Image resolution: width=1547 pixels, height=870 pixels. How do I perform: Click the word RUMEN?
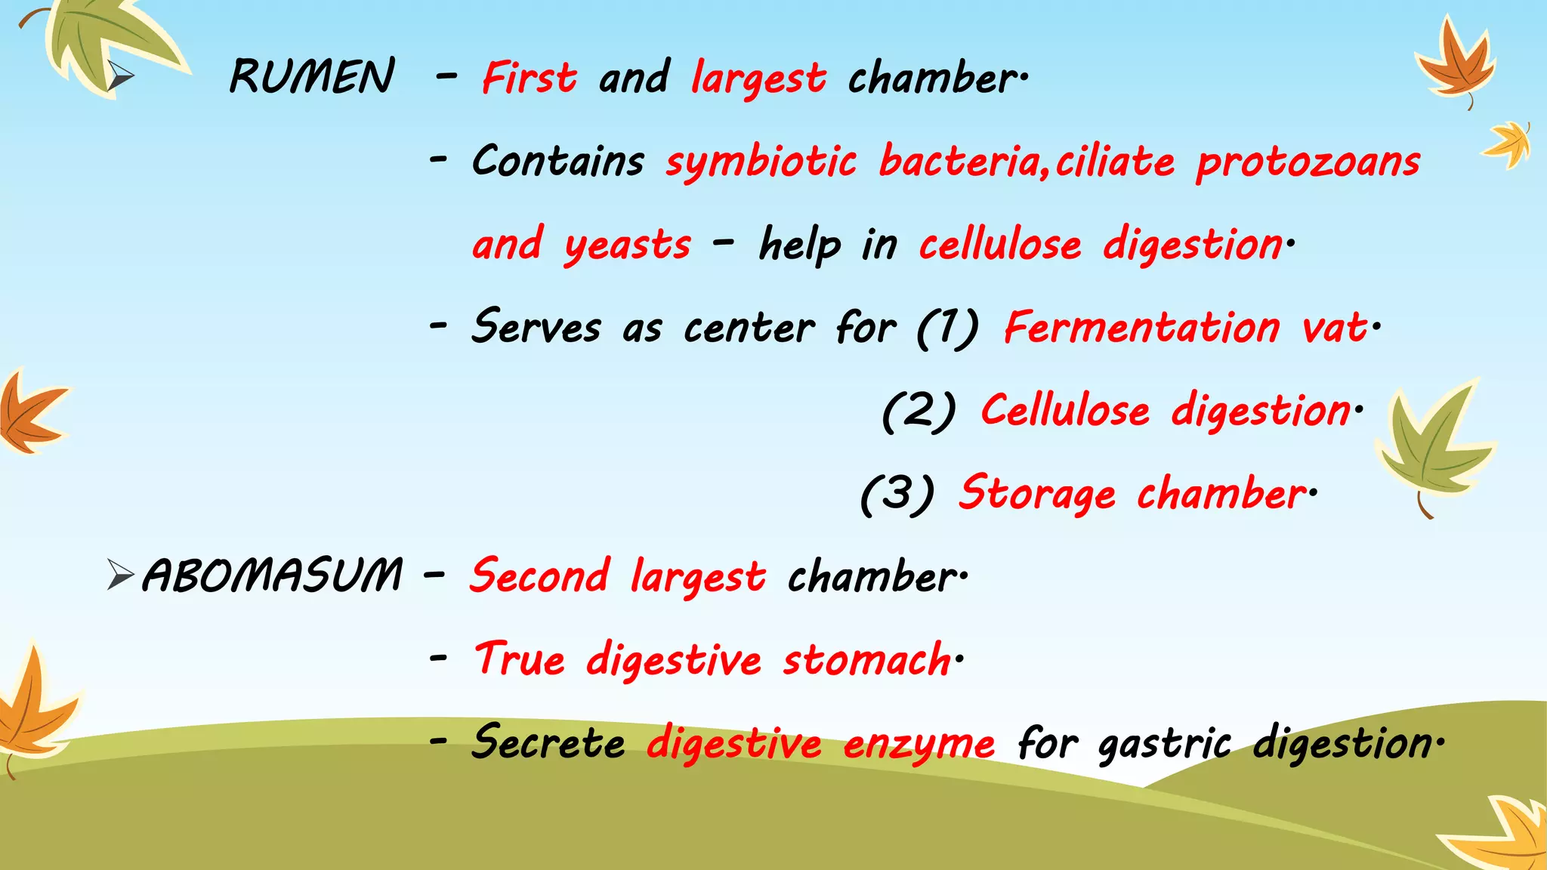point(311,77)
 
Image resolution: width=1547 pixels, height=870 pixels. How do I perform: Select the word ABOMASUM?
point(272,575)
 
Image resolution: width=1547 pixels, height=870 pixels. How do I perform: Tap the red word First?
point(530,79)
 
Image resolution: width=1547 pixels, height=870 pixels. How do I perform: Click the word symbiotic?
point(761,162)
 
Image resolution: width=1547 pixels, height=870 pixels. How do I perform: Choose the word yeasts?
point(627,246)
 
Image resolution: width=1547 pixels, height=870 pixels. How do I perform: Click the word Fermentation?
point(1141,328)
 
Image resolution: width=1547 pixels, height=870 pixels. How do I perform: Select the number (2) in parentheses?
point(919,412)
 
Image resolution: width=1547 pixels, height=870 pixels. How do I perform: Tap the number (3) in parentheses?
point(897,495)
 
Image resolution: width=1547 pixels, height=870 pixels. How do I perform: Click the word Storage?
point(1037,494)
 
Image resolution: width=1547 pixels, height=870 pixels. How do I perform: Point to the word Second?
point(539,576)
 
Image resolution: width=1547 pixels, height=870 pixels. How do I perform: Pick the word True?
point(520,659)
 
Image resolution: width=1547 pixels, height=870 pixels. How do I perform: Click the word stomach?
point(867,660)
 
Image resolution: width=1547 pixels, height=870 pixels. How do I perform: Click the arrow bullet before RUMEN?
point(119,76)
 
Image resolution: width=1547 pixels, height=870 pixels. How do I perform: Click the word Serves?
point(536,328)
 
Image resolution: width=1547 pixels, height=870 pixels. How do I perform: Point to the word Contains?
point(558,162)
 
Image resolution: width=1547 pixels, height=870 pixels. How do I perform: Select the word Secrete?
point(548,743)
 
